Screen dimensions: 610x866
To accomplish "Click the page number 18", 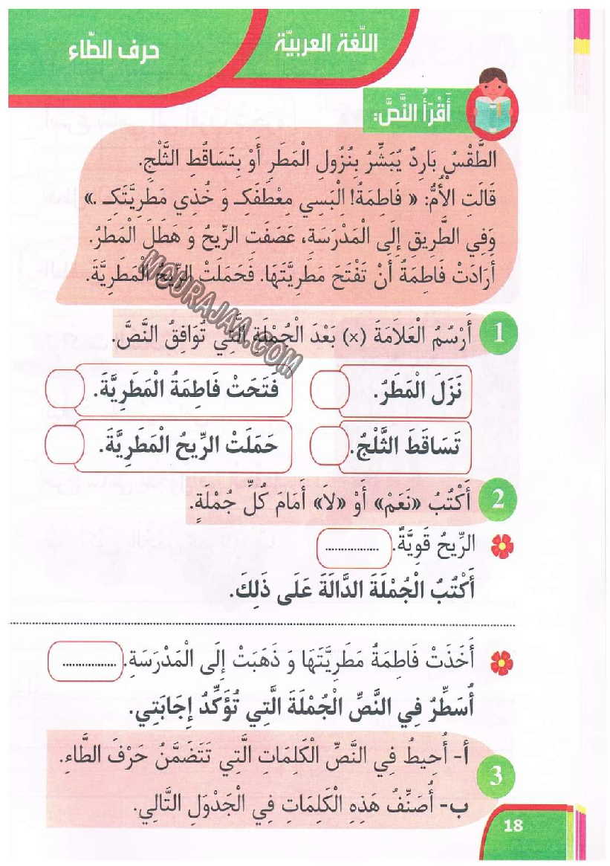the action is [513, 825].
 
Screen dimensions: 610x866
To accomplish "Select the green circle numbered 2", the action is [498, 500].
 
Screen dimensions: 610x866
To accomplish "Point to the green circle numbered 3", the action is [497, 778].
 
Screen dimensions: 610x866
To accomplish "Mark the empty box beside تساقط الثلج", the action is [328, 448].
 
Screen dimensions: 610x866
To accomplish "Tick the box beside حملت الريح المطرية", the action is [63, 447].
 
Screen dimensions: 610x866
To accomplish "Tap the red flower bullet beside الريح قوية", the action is [502, 548].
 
